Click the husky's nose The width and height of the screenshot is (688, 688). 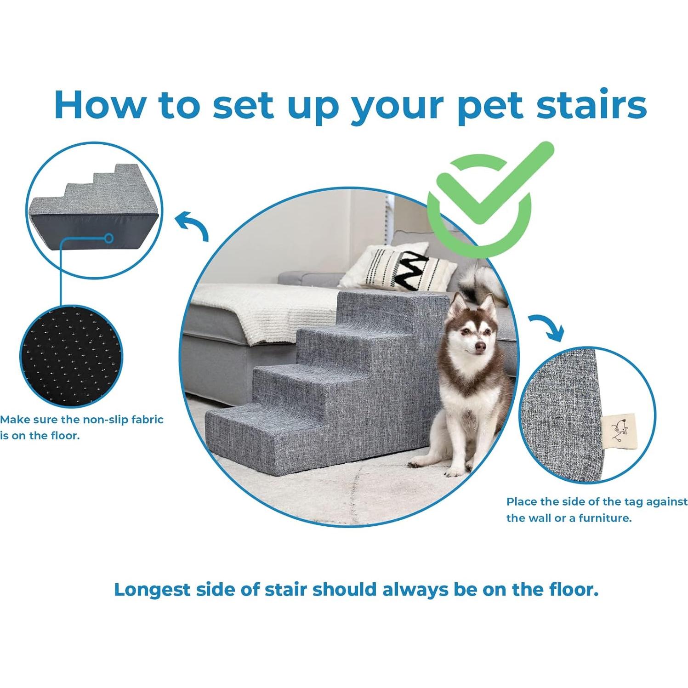[x=479, y=347]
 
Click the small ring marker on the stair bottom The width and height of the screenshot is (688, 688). [x=109, y=238]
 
